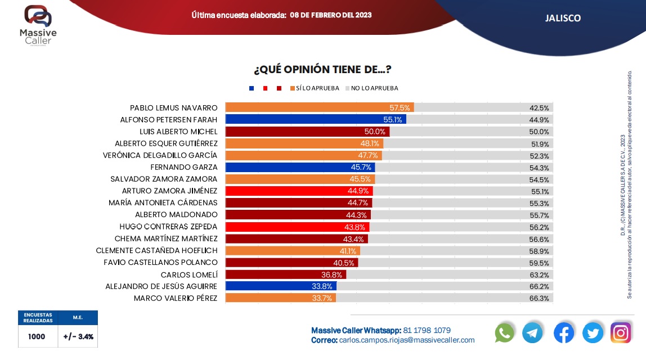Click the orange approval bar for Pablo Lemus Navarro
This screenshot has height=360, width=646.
(x=319, y=107)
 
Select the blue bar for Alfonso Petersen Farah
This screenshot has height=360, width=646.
(x=315, y=119)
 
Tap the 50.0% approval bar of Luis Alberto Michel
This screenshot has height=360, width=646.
(x=307, y=131)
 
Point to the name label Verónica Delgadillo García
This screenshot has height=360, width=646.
(x=160, y=155)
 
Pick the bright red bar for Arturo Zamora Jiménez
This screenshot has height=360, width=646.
(x=298, y=191)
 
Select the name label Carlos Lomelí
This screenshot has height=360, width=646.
(x=189, y=274)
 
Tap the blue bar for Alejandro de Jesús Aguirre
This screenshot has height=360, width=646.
(x=280, y=286)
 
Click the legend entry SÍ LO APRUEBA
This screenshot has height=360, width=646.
(x=317, y=88)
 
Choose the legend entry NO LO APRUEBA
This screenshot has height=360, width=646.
(x=374, y=88)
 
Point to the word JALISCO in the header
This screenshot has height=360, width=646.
(x=563, y=18)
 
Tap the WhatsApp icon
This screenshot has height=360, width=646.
(x=505, y=333)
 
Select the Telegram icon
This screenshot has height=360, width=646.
(x=532, y=333)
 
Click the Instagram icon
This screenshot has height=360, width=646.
(x=621, y=333)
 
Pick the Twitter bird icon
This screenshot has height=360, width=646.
(x=593, y=333)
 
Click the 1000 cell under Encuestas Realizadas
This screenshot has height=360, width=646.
(x=37, y=336)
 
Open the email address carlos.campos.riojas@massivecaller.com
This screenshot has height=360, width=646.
(x=407, y=340)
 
